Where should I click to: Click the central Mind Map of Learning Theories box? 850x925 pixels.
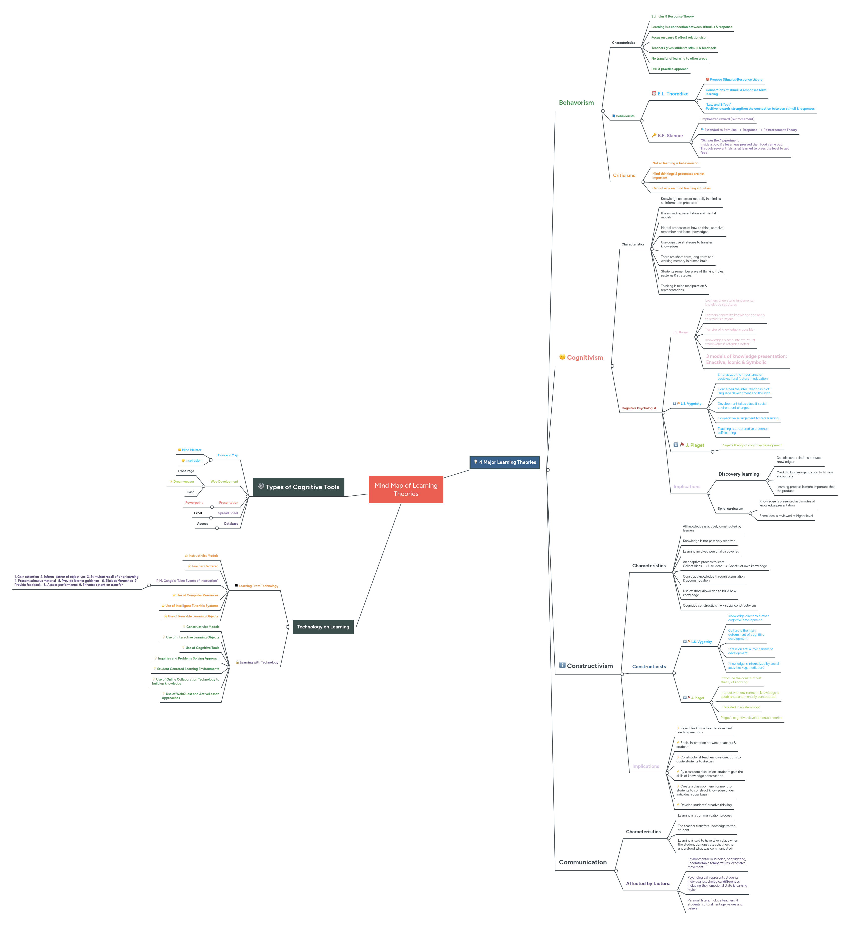[x=406, y=489]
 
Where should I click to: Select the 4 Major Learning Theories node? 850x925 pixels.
[x=504, y=462]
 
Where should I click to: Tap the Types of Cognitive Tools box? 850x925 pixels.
[x=299, y=487]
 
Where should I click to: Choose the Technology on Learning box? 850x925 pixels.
[x=323, y=626]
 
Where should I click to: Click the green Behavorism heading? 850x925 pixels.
[x=576, y=103]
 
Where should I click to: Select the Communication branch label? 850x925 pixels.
[x=582, y=862]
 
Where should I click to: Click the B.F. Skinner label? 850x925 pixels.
[x=670, y=136]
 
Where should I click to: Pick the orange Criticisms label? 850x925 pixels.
[x=624, y=175]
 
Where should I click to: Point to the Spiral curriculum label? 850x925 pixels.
[x=730, y=508]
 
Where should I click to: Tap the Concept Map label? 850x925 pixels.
[x=228, y=455]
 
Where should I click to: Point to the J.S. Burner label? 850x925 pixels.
[x=680, y=332]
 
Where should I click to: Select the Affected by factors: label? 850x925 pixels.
[x=648, y=883]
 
